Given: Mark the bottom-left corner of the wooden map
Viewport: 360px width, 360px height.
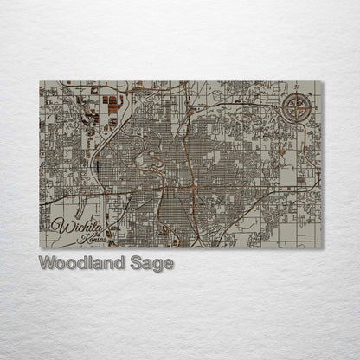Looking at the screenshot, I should [40, 247].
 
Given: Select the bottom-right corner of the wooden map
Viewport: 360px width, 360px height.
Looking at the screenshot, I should [322, 247].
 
